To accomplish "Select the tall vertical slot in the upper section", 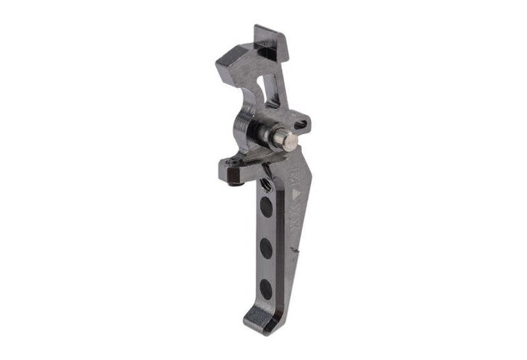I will click(x=267, y=84).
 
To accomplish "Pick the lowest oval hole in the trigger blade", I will click(x=265, y=287).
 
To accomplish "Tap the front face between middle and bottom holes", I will click(x=265, y=267).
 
